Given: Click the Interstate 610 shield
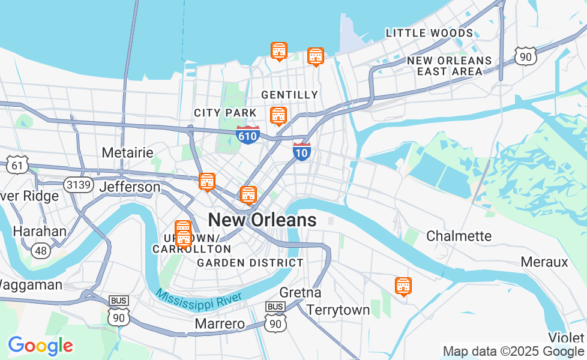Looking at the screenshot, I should pos(247,134).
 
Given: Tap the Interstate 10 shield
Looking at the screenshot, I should pos(302,151).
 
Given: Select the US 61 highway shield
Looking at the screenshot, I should pos(18,163).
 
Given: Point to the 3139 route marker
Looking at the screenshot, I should pos(79,184).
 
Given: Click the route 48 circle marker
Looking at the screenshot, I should pos(41,250).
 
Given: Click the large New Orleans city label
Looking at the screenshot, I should pos(262,220).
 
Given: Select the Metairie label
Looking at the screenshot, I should pos(127,152).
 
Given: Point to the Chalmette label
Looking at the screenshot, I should pos(459,236).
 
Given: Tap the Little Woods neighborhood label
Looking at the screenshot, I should pos(429,33).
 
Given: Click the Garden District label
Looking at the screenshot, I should pos(250,263).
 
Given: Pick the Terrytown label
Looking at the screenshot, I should pos(338,310).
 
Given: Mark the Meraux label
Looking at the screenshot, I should pos(544,262).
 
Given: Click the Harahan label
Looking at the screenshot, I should pos(40,231).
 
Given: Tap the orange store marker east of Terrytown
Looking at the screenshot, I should pos(403,286).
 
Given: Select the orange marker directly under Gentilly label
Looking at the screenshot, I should pos(278,115).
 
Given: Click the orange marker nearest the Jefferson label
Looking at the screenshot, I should pos(206,181).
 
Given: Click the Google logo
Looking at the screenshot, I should pos(40,346).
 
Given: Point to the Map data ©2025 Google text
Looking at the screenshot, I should pos(513,352).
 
